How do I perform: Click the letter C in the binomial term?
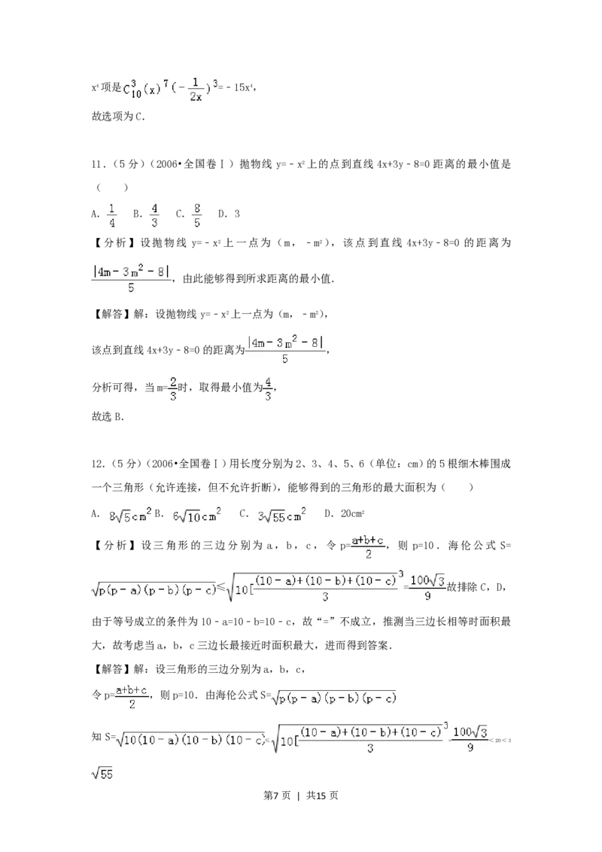click(127, 89)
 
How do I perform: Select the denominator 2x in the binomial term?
click(196, 96)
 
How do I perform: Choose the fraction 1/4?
click(111, 215)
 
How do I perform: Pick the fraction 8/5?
click(196, 215)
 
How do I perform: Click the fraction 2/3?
click(172, 388)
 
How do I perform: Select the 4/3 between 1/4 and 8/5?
click(154, 215)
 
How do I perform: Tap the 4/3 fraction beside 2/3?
click(268, 388)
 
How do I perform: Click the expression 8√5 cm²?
click(130, 516)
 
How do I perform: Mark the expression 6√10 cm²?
click(196, 516)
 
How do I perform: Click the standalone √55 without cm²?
click(102, 773)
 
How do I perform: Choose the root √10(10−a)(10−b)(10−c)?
click(190, 741)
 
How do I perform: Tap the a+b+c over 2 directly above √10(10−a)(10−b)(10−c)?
click(132, 695)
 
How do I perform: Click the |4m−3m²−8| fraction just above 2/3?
click(285, 350)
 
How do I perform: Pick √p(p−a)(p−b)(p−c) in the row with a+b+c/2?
click(333, 698)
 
